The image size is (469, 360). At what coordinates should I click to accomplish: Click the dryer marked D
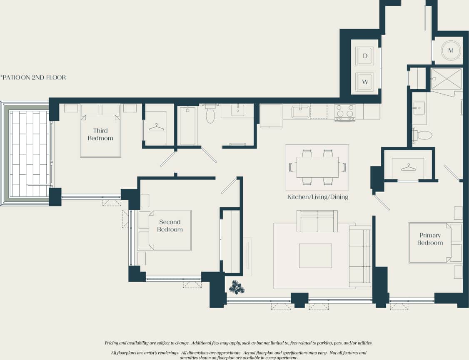pos(365,56)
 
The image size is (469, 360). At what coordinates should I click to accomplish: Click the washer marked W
pos(365,82)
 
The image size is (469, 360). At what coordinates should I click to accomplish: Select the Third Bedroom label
pos(100,134)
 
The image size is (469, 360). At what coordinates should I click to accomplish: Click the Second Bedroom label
pos(170,226)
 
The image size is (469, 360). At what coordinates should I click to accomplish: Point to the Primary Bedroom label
pos(430,239)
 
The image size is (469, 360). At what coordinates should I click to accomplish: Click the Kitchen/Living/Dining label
pos(317,197)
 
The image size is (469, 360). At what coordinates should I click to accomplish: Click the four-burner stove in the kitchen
pos(345,112)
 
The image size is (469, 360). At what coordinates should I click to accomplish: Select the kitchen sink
pos(300,112)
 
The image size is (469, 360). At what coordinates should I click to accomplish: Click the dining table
pos(317,167)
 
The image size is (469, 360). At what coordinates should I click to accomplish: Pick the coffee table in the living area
pos(315,256)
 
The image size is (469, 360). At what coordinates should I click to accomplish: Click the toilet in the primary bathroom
pos(423,135)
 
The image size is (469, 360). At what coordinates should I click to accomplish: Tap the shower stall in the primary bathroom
pos(446,79)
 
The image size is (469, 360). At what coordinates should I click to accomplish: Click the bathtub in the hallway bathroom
pos(187,126)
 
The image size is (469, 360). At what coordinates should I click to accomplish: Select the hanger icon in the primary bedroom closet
pos(408,167)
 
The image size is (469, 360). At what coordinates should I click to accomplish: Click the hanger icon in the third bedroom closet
pos(156,127)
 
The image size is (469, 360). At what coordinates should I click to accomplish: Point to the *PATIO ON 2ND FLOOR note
pos(33,77)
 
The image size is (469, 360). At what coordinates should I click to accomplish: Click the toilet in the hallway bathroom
pos(210,115)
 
